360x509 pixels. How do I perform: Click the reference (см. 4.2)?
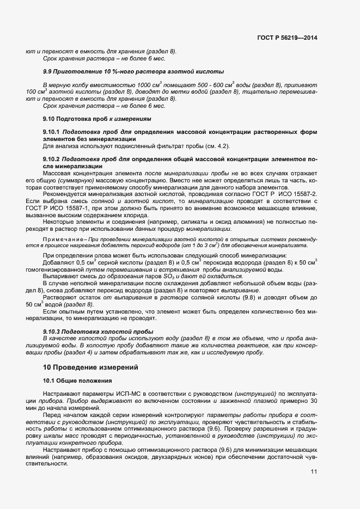point(216,146)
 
